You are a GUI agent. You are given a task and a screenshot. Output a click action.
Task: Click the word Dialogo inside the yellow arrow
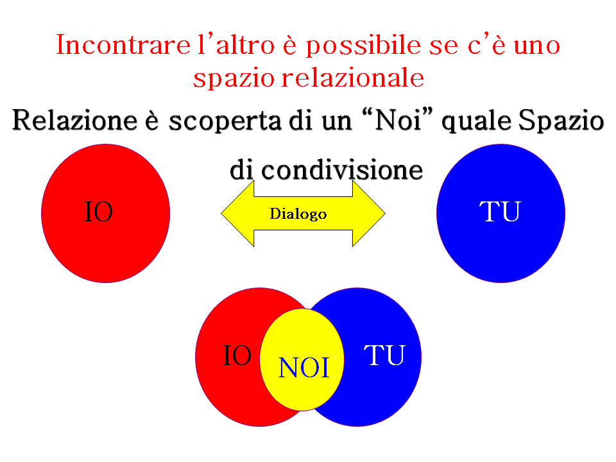tap(298, 214)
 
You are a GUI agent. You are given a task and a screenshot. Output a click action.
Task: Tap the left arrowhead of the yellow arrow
tap(237, 213)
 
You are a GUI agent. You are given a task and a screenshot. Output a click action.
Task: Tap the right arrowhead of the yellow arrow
tap(369, 213)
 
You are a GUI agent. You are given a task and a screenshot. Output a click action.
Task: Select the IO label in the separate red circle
tap(99, 212)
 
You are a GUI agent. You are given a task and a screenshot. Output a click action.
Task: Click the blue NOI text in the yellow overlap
tap(304, 368)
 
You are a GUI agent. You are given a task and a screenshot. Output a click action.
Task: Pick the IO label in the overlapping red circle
tap(237, 355)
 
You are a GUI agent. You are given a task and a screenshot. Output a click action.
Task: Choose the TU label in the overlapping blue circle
tap(384, 355)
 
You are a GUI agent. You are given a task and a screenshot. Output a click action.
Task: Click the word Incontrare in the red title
tap(123, 44)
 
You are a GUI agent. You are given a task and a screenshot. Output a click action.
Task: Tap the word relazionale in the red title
tap(353, 78)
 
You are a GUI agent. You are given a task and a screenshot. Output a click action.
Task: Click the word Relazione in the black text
tap(74, 120)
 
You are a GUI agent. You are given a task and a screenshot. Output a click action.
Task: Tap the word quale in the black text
tap(477, 122)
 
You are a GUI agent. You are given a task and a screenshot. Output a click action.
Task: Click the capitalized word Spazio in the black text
tap(561, 122)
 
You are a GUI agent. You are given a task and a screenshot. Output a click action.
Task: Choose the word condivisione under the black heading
tap(342, 170)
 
